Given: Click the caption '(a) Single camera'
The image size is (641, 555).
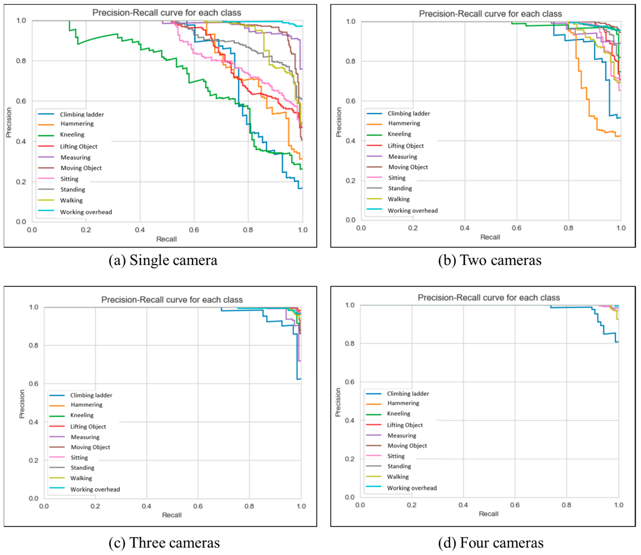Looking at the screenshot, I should (163, 260).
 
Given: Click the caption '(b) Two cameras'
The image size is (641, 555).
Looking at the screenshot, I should (489, 260).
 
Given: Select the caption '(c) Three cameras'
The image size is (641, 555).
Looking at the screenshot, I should (164, 543).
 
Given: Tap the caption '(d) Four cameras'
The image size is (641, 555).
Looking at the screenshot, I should (491, 543).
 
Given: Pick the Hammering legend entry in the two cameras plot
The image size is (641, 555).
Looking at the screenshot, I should (404, 123).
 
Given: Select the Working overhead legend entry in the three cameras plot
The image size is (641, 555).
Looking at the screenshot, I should (95, 489).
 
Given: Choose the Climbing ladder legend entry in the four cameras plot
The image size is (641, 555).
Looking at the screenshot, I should (408, 394).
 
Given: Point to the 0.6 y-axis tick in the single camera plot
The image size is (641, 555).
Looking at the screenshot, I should (21, 101).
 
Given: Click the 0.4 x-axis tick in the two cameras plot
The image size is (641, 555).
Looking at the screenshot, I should (465, 228).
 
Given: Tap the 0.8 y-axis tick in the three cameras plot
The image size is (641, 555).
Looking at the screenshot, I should (33, 345).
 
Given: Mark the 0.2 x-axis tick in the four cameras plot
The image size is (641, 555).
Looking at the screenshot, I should (412, 505).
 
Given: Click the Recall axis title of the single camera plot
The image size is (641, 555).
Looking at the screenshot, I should (166, 239).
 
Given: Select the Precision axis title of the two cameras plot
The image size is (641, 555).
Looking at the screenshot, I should (339, 122).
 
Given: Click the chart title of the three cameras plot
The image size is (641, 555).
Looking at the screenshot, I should (172, 300).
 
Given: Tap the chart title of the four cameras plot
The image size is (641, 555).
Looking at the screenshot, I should (489, 298).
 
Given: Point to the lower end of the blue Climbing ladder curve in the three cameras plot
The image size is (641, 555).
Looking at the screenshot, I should (299, 379).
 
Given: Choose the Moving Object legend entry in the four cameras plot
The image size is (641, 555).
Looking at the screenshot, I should (407, 446).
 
